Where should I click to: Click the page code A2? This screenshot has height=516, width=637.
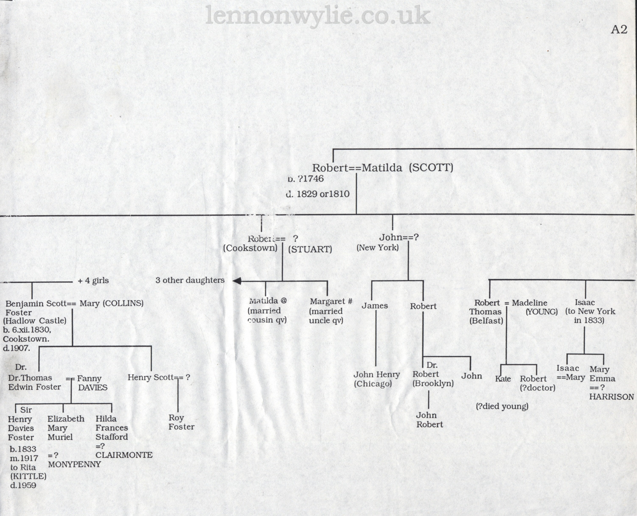pos(619,30)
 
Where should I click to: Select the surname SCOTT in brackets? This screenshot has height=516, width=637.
pos(431,167)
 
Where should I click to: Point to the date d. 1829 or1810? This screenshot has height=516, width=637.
pos(318,194)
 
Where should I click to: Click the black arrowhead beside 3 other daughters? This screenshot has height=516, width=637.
pos(237,281)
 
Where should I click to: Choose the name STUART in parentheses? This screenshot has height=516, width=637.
pos(310,249)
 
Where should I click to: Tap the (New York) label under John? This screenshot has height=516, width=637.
pos(377,247)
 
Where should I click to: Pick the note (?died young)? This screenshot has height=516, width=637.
pos(502,406)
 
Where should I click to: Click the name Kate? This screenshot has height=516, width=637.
pos(503,379)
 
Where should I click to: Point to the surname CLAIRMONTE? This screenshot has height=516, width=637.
pos(124,455)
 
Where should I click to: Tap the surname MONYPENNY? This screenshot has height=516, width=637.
pos(75,464)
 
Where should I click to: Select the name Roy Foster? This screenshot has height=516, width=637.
pos(181,422)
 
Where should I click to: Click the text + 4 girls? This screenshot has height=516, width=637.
pos(93,281)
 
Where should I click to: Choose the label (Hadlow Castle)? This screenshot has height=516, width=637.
pos(35,321)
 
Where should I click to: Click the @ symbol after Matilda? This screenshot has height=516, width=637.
pos(283,300)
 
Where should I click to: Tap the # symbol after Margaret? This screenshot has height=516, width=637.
pos(349,301)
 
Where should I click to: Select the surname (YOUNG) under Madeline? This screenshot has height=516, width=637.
pos(541,312)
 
